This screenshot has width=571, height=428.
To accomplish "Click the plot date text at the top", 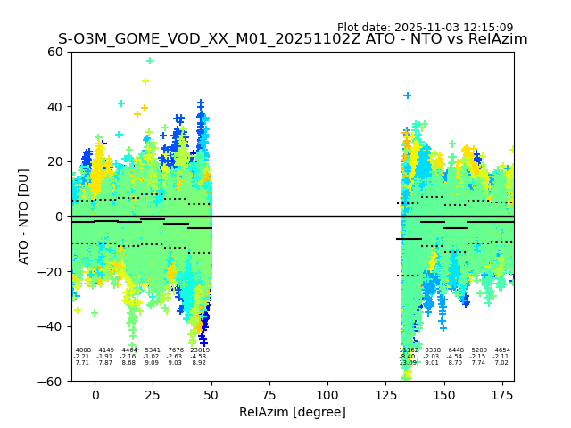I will [x=425, y=28].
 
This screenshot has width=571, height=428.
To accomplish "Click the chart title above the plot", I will [x=293, y=39].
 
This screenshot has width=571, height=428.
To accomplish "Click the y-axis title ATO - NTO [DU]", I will [x=24, y=216].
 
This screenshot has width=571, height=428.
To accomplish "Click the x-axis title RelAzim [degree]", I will [x=293, y=412].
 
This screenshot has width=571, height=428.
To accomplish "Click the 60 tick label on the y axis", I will [x=55, y=52].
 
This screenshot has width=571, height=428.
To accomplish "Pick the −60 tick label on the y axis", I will [x=52, y=381].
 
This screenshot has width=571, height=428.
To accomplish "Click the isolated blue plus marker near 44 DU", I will [x=408, y=95].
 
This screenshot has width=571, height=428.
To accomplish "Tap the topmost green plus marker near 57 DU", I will [x=150, y=62].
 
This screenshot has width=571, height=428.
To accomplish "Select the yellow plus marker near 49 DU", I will [x=145, y=81].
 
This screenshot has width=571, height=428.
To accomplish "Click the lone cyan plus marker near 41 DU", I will [x=121, y=103].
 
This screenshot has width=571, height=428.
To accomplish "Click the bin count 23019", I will [x=199, y=350].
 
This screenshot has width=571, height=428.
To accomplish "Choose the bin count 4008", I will [x=83, y=350].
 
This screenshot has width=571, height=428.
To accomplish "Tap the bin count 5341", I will [x=153, y=350].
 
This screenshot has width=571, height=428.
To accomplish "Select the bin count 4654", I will [x=502, y=350].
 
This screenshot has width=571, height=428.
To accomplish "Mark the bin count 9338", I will [x=433, y=350].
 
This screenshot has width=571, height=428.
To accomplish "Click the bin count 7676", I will [x=176, y=350].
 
